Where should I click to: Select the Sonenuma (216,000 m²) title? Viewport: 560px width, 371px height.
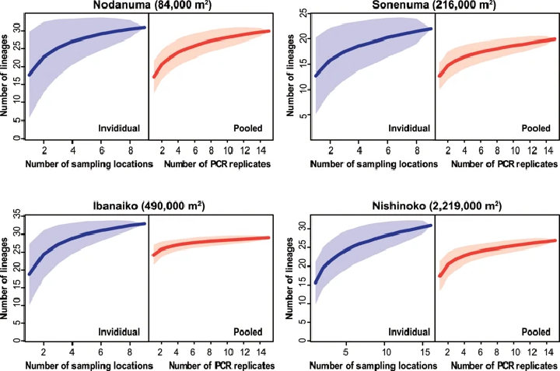434,7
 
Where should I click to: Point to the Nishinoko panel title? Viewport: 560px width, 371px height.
434,206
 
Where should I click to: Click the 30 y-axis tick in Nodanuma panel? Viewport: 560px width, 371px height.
16,32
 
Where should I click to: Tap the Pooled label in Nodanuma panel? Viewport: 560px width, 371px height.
251,128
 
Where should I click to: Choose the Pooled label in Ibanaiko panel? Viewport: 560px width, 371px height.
251,331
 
